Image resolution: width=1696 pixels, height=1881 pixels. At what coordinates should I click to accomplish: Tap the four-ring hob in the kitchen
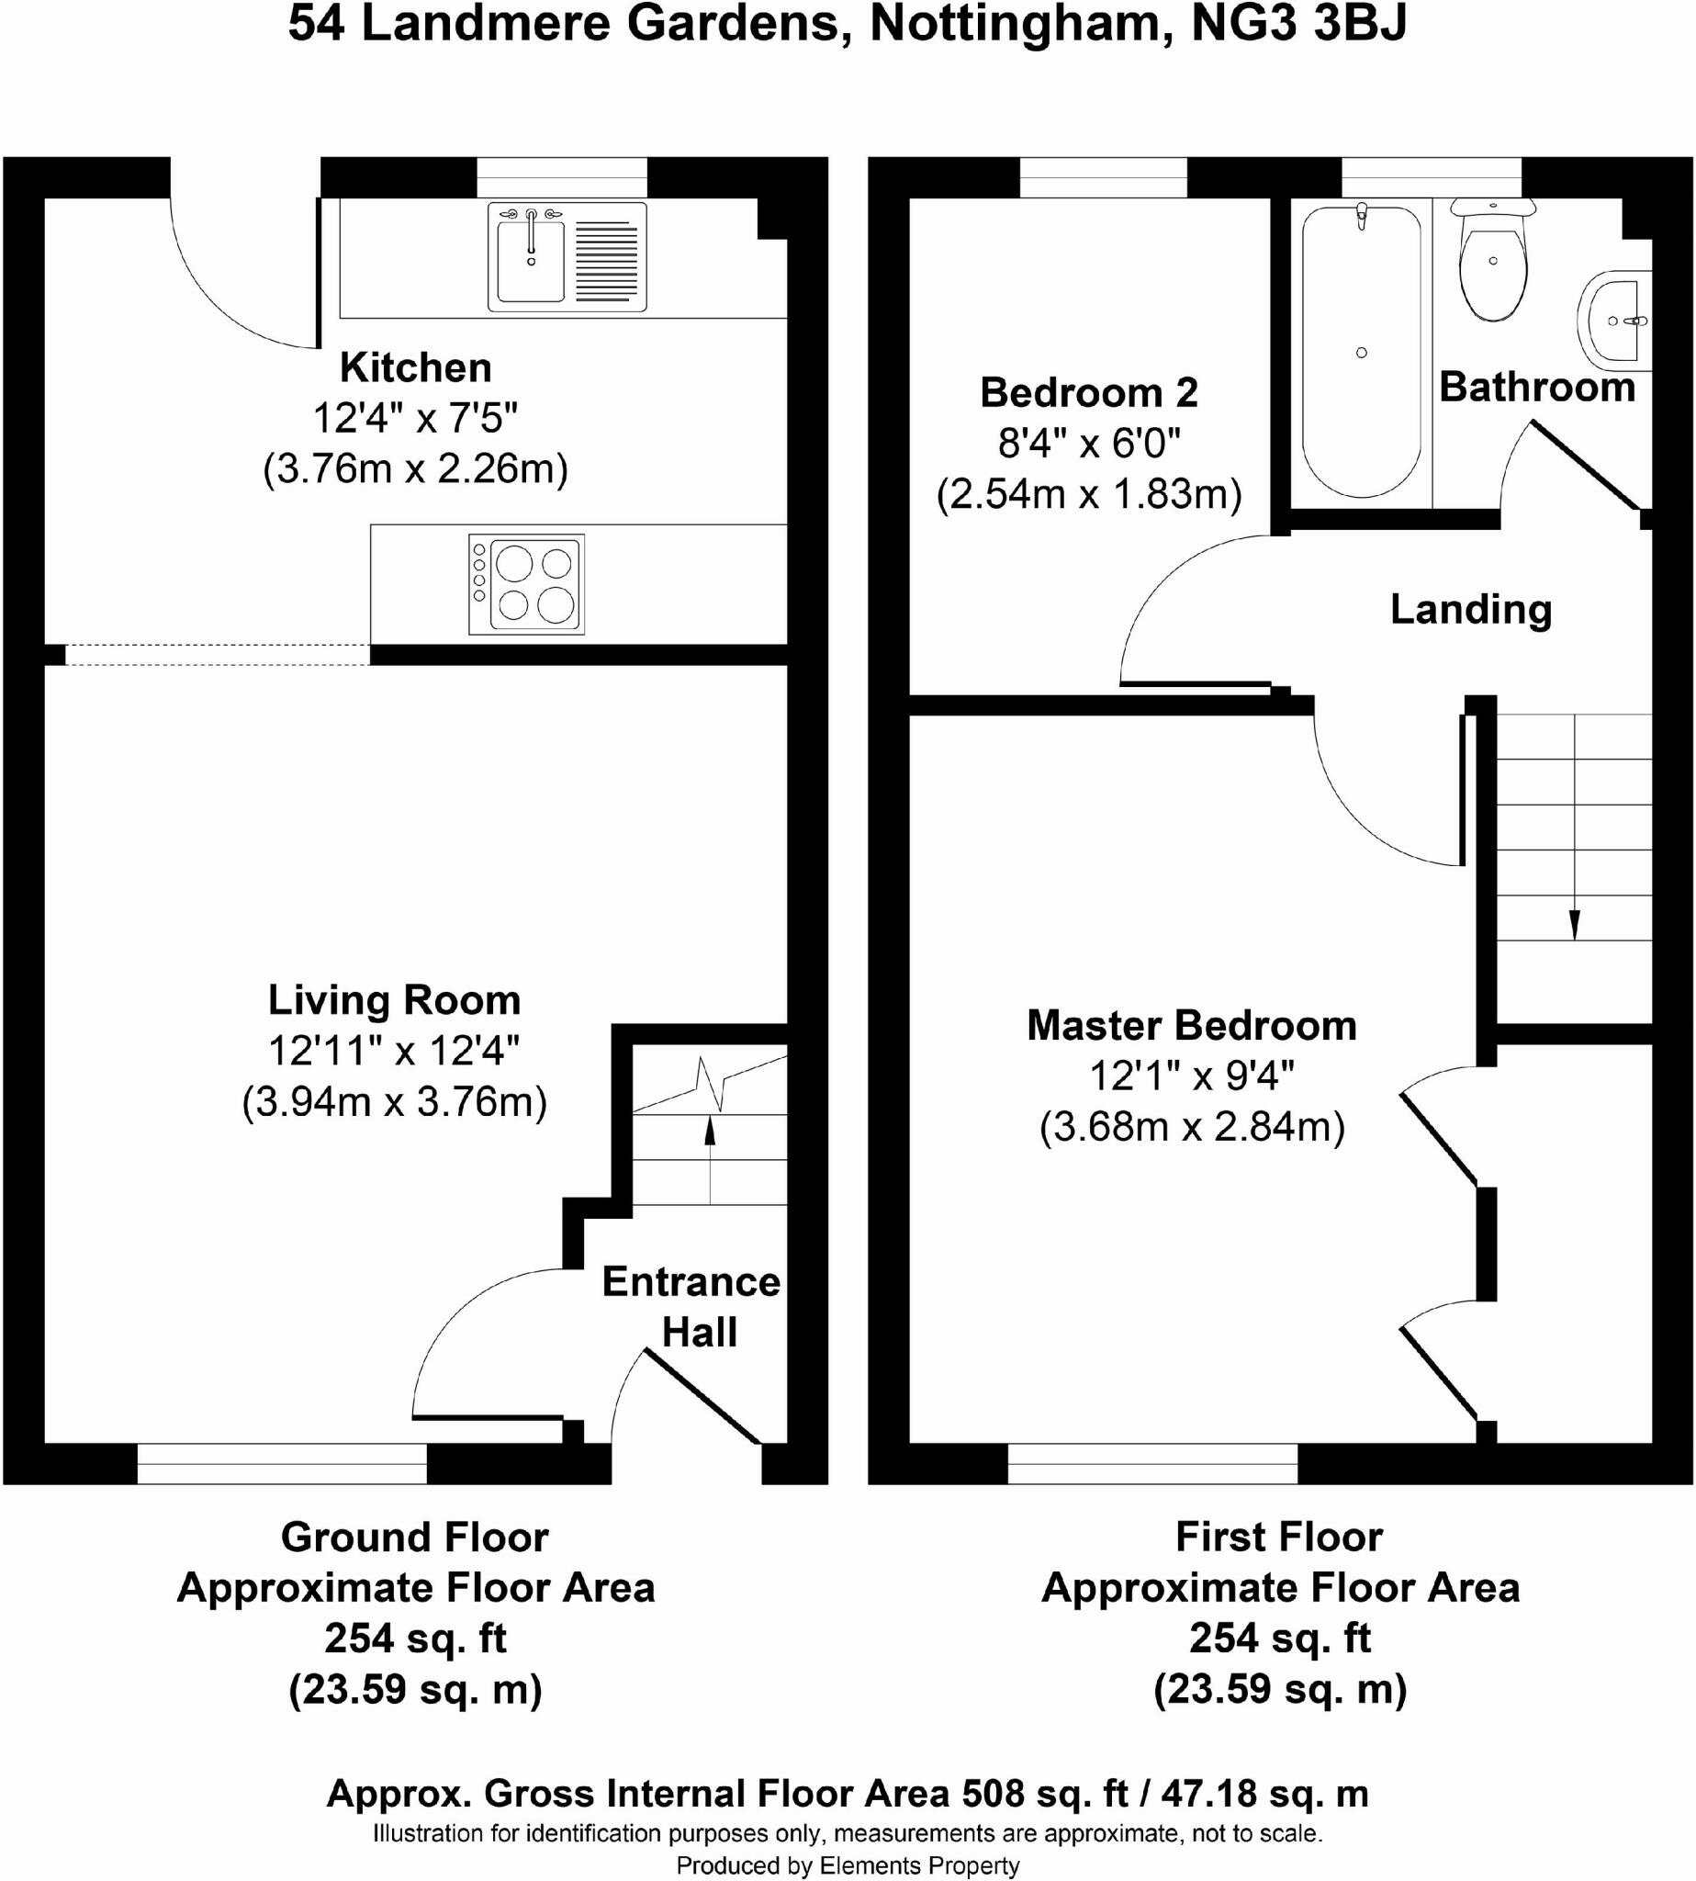point(526,584)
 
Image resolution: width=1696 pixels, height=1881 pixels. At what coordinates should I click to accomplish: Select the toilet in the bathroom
point(1493,262)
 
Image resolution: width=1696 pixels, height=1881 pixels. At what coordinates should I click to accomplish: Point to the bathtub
point(1362,352)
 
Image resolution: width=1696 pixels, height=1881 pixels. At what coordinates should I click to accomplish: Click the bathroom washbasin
point(1614,316)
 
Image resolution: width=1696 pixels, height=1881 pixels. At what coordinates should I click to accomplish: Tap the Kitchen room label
point(416,367)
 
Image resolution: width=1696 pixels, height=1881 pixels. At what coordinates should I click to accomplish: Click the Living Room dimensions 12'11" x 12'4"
point(394,1051)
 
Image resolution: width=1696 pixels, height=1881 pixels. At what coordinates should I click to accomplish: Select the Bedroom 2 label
point(1089,392)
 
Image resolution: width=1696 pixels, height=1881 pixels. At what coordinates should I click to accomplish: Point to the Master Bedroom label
point(1192,1025)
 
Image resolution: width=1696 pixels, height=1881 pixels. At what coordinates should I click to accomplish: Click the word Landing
point(1471,611)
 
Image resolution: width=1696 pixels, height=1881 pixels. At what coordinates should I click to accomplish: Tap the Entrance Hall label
point(691,1307)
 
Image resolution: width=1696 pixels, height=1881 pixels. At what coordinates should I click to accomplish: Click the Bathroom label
point(1537,387)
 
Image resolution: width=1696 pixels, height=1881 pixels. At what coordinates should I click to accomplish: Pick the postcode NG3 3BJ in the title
point(1299,24)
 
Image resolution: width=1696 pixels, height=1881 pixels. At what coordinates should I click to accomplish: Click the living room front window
point(282,1463)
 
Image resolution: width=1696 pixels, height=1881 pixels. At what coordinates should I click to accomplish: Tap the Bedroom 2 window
point(1105,177)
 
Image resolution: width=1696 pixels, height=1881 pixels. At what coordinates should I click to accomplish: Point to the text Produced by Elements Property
point(848,1865)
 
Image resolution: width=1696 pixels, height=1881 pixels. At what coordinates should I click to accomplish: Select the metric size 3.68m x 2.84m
point(1193,1127)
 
